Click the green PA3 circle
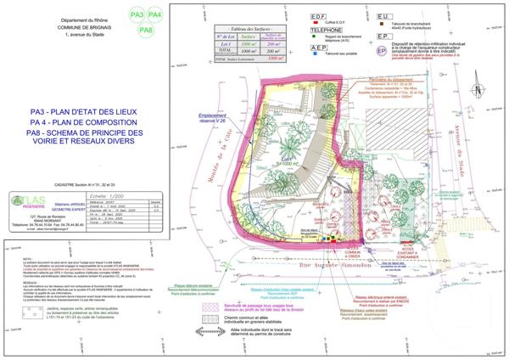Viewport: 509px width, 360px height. (x=137, y=15)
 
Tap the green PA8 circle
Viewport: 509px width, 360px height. (x=146, y=30)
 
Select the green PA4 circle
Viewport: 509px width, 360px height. (x=155, y=15)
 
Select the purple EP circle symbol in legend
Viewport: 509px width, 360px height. (x=383, y=51)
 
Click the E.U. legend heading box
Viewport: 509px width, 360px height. (x=383, y=16)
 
